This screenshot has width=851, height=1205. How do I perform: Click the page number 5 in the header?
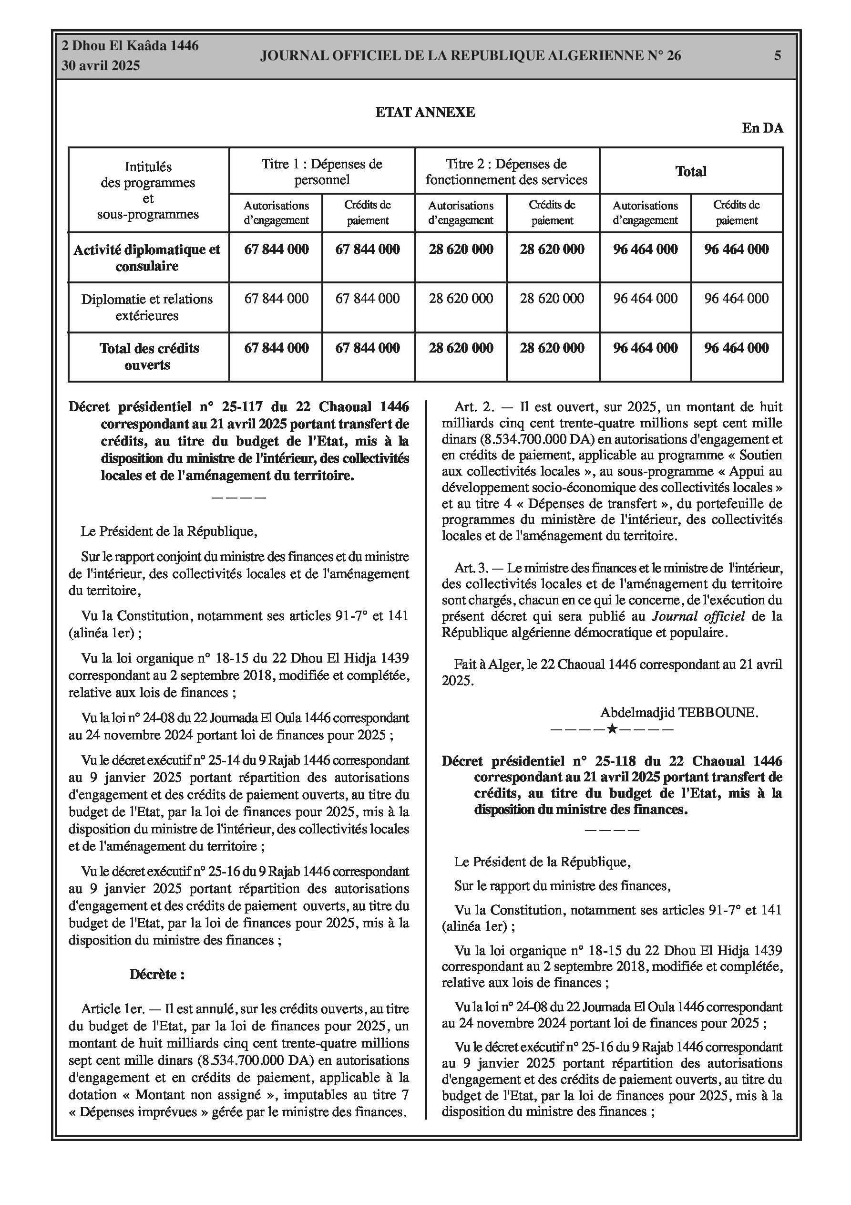(778, 56)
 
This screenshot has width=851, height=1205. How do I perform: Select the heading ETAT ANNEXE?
(425, 112)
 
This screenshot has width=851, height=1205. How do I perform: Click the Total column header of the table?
(690, 172)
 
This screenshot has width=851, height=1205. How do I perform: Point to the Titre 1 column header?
(322, 172)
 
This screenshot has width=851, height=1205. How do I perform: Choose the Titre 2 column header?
(506, 172)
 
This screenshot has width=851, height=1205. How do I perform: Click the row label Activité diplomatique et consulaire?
(147, 258)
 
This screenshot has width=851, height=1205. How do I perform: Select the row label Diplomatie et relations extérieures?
(147, 307)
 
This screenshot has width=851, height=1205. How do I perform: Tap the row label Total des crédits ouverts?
(149, 356)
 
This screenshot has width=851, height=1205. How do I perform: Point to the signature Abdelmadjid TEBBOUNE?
(679, 713)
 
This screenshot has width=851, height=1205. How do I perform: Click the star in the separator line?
(611, 728)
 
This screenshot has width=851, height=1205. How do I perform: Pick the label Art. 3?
(472, 568)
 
